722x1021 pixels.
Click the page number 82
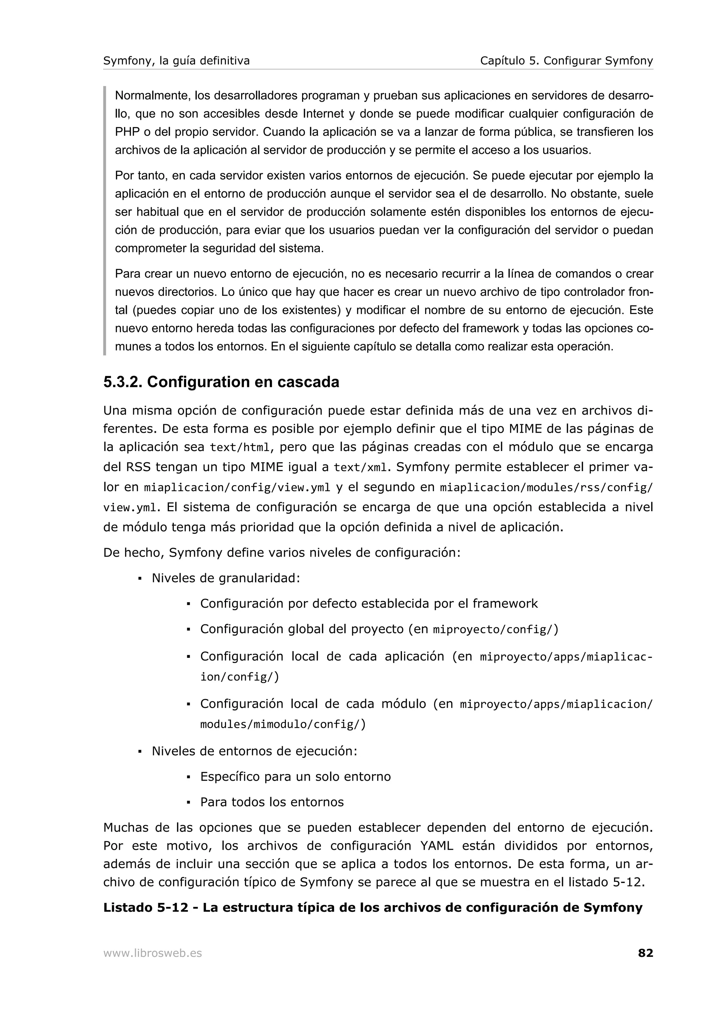click(645, 953)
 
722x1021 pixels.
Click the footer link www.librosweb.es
click(152, 953)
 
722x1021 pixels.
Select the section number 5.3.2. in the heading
click(122, 382)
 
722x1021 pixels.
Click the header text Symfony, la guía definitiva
click(176, 61)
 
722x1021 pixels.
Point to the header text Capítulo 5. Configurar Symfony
click(566, 61)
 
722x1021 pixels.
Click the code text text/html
click(239, 447)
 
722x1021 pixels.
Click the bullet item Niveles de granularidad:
click(226, 578)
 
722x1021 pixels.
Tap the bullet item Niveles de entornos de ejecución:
click(255, 751)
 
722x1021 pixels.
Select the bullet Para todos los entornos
click(272, 802)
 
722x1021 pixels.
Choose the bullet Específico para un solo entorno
click(295, 777)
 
